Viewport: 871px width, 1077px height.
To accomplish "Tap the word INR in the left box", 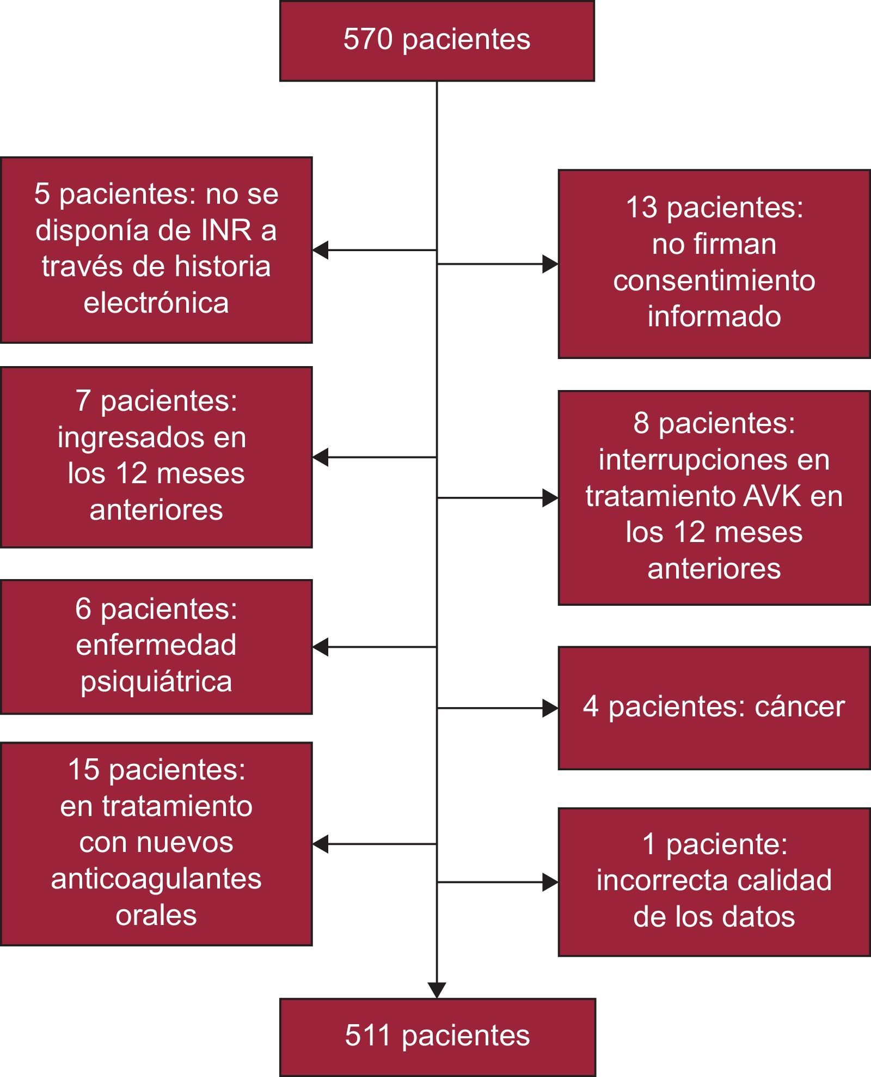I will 226,230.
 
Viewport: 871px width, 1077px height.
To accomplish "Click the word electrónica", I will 156,303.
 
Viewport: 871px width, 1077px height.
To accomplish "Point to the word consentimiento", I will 714,281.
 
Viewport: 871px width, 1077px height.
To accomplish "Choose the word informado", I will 714,317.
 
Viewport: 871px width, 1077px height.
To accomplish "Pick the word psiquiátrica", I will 156,682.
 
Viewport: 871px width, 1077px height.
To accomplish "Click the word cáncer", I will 800,707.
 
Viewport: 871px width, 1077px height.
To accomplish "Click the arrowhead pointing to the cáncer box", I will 550,708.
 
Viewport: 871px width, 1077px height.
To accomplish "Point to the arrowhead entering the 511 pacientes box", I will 437,990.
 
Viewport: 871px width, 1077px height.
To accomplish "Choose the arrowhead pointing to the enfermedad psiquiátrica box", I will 321,647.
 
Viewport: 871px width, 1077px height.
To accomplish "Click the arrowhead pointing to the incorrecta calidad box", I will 550,882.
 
